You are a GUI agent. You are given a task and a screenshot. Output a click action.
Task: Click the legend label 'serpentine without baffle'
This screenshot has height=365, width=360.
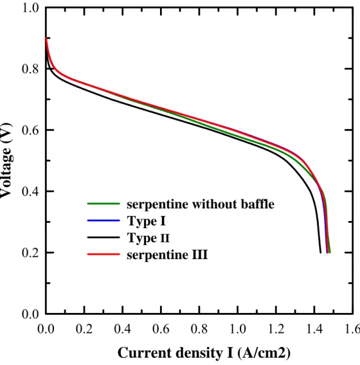(201, 204)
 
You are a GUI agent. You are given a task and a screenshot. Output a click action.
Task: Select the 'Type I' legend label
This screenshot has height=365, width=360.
(146, 221)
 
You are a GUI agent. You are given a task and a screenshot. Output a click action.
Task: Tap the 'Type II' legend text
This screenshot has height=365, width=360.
(148, 238)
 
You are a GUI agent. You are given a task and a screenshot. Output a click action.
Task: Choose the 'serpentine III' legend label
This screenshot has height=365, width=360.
(167, 255)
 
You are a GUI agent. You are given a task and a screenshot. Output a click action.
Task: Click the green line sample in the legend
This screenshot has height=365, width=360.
(104, 203)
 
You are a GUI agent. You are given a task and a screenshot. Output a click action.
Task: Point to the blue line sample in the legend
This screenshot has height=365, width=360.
(104, 220)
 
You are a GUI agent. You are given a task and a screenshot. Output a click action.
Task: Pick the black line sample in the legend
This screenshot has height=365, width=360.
(104, 237)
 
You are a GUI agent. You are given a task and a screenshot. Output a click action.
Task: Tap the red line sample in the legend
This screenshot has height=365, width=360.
(104, 254)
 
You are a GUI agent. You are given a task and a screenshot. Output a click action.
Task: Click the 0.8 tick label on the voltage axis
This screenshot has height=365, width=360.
(30, 69)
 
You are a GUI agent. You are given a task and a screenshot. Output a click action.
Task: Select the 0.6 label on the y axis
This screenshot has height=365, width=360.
(30, 130)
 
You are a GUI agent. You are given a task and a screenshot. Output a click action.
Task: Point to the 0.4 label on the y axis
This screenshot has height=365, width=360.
(30, 191)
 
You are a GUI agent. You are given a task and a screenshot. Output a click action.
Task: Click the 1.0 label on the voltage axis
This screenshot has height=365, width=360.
(30, 8)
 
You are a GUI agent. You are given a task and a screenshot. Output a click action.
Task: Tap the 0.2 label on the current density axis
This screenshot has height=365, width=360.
(84, 329)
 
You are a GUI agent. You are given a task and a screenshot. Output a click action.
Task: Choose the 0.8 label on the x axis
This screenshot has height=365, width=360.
(199, 329)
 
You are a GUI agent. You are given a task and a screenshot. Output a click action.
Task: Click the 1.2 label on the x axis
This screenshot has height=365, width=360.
(276, 329)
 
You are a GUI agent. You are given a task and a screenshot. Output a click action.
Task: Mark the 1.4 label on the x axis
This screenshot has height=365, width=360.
(315, 329)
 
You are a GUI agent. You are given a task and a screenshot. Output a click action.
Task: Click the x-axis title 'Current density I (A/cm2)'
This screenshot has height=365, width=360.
(204, 353)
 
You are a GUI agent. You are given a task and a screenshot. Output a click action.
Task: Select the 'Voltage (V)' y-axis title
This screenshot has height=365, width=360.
(5, 160)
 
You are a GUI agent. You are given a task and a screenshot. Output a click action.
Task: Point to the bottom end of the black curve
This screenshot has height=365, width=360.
(321, 252)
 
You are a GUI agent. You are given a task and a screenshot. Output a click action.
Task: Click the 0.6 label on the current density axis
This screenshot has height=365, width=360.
(161, 329)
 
